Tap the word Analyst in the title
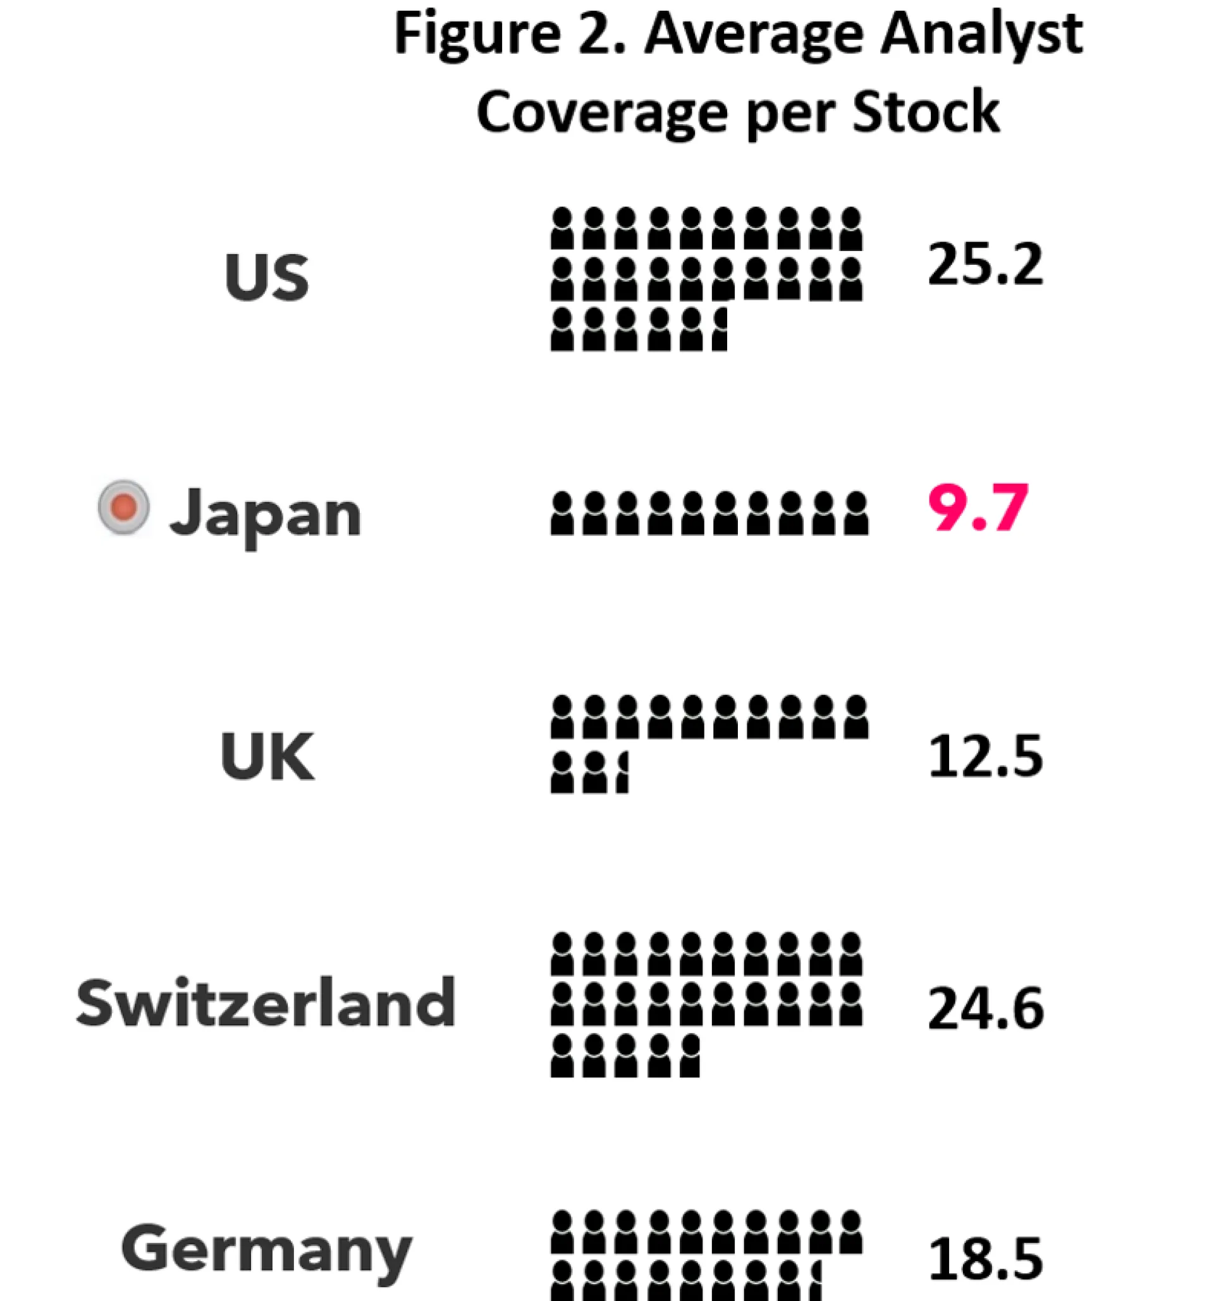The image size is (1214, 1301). pos(982,36)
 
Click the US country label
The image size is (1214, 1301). pos(266,277)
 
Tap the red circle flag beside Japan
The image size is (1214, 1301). pos(124,507)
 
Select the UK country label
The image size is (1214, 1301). pos(267,757)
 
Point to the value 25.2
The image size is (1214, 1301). pos(985,264)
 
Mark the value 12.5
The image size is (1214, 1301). pos(985,757)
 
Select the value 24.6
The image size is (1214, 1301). pos(985,1008)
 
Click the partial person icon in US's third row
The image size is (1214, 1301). pos(720,330)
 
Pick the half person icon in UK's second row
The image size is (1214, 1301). pos(622,773)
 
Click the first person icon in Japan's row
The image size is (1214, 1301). pos(561,514)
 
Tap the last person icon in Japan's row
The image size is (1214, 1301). pos(856,514)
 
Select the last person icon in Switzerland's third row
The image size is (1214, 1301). pos(690,1055)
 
